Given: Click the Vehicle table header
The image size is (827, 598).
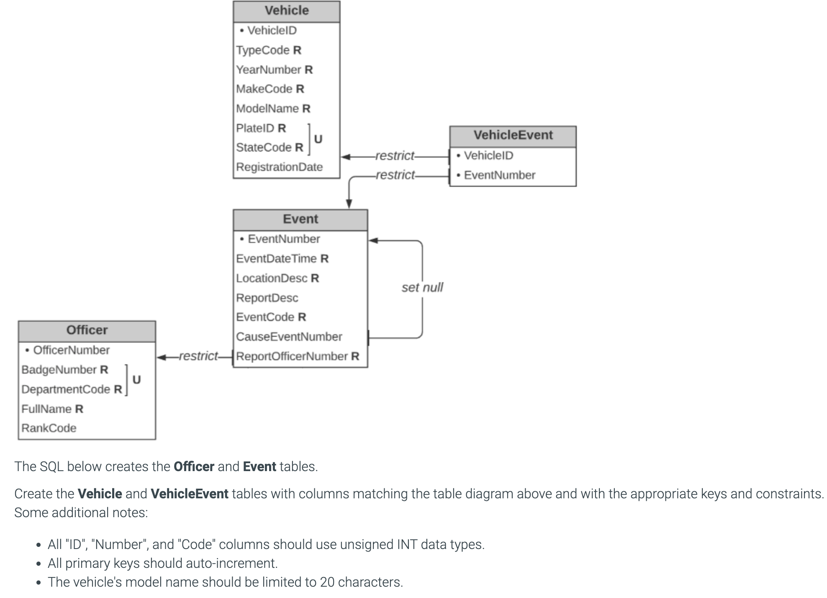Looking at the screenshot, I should [286, 11].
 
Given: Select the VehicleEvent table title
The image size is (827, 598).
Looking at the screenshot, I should [513, 135].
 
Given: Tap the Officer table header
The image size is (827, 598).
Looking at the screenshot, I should [87, 330].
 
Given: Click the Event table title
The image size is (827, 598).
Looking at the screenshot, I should [300, 219].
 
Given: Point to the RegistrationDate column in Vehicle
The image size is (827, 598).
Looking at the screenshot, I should [279, 167].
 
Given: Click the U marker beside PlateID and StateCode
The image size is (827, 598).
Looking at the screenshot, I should [318, 139].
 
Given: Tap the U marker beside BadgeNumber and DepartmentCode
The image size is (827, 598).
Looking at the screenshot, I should [136, 380].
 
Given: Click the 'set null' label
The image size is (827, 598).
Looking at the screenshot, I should [422, 288].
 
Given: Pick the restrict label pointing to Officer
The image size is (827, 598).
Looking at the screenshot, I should [198, 356].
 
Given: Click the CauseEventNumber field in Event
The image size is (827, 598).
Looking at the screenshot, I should [289, 337].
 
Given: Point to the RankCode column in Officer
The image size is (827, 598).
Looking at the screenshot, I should [49, 428].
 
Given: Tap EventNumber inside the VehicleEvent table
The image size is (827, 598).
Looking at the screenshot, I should [499, 175].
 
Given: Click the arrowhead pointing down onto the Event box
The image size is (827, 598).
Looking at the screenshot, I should [349, 204].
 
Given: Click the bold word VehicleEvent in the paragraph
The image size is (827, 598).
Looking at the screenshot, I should [189, 494].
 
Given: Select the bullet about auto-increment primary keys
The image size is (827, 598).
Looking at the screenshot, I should [162, 563].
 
